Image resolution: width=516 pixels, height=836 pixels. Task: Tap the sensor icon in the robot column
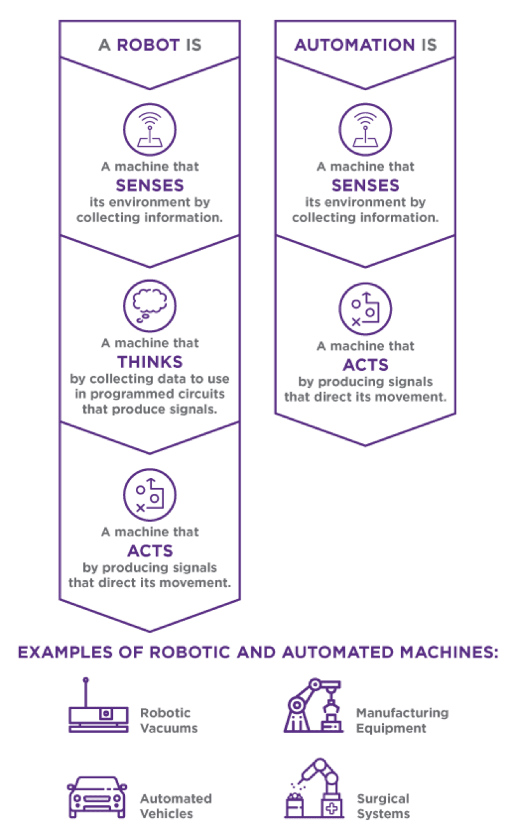[150, 128]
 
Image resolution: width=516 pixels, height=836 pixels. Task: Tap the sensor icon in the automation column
[365, 128]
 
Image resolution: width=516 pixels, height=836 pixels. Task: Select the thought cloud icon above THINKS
[150, 305]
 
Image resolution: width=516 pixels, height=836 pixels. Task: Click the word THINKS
[150, 362]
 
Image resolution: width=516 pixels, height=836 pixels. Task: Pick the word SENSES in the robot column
[150, 185]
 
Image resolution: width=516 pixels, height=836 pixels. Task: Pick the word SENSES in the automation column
[365, 185]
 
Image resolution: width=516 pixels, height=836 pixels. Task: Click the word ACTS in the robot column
[150, 550]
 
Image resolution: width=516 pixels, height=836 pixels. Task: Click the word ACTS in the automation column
[365, 364]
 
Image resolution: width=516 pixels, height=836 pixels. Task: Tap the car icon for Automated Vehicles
[96, 797]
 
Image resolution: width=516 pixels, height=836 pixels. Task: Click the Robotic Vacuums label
[168, 720]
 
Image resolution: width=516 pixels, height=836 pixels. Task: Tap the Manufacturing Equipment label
[402, 720]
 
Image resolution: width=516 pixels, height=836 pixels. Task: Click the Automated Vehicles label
[175, 806]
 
